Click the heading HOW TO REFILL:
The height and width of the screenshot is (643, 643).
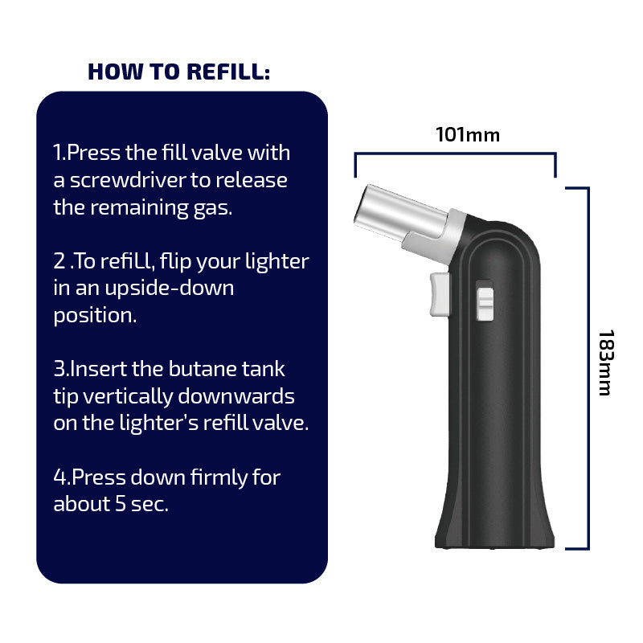178,72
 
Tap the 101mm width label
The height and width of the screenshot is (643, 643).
468,135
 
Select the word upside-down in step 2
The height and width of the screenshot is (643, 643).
170,289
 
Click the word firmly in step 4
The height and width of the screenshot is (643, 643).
219,477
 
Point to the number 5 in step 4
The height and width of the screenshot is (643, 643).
120,504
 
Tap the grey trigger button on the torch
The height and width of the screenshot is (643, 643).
440,294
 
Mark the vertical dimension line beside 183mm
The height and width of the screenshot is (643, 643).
588,368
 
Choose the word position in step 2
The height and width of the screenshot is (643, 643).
95,316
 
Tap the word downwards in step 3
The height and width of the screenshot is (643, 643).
236,396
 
